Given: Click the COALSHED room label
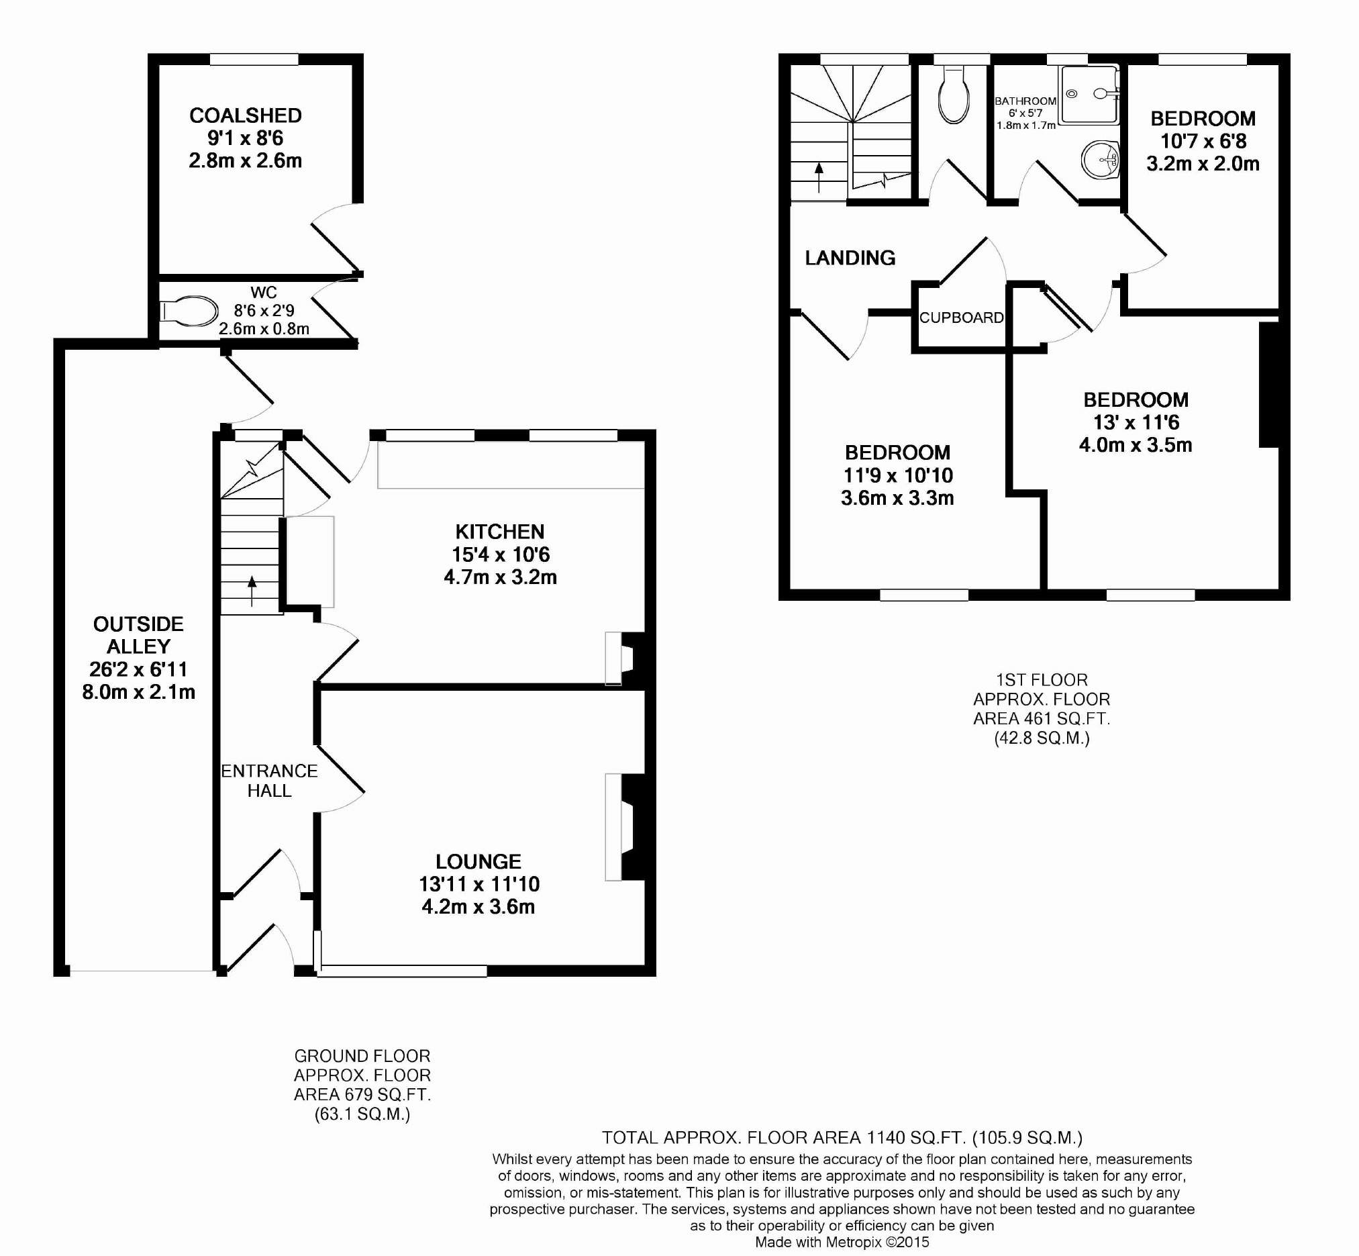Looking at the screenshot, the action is tap(246, 115).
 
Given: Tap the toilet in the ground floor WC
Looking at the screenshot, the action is tap(188, 312).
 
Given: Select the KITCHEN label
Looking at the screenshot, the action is tap(500, 532).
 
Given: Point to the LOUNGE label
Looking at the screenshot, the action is tap(479, 862).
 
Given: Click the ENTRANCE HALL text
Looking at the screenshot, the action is tap(269, 781).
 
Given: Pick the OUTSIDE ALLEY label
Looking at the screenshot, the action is tap(139, 635).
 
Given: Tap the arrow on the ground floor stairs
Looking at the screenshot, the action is tap(252, 591).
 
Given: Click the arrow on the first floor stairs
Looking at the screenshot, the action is tap(819, 177).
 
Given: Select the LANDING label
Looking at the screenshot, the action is tap(850, 258).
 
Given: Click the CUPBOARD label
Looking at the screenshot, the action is tap(962, 318).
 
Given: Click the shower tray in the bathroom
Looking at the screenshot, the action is tap(1089, 95).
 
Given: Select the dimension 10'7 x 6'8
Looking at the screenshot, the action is tap(1203, 142).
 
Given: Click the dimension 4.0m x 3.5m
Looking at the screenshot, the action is tap(1136, 445).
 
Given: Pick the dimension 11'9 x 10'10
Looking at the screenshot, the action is tap(898, 476).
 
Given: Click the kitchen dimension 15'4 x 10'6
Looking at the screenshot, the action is tap(500, 554).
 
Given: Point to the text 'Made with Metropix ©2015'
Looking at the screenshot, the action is tap(842, 1243).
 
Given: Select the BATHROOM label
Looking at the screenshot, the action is tap(1025, 101).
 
